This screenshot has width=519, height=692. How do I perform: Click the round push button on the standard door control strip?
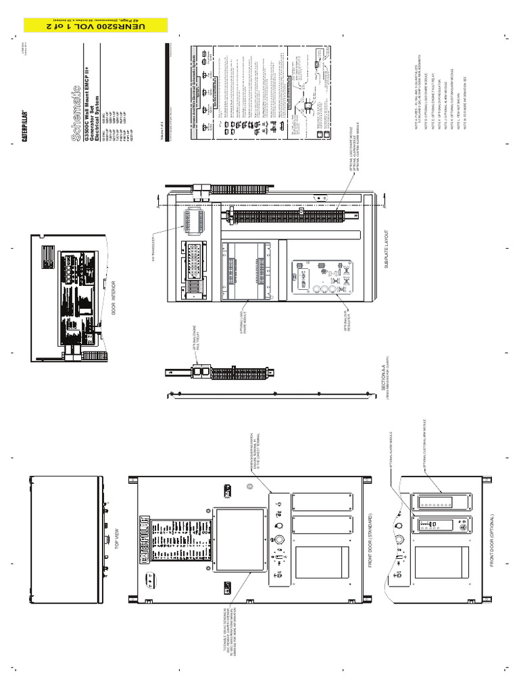pos(276,540)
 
